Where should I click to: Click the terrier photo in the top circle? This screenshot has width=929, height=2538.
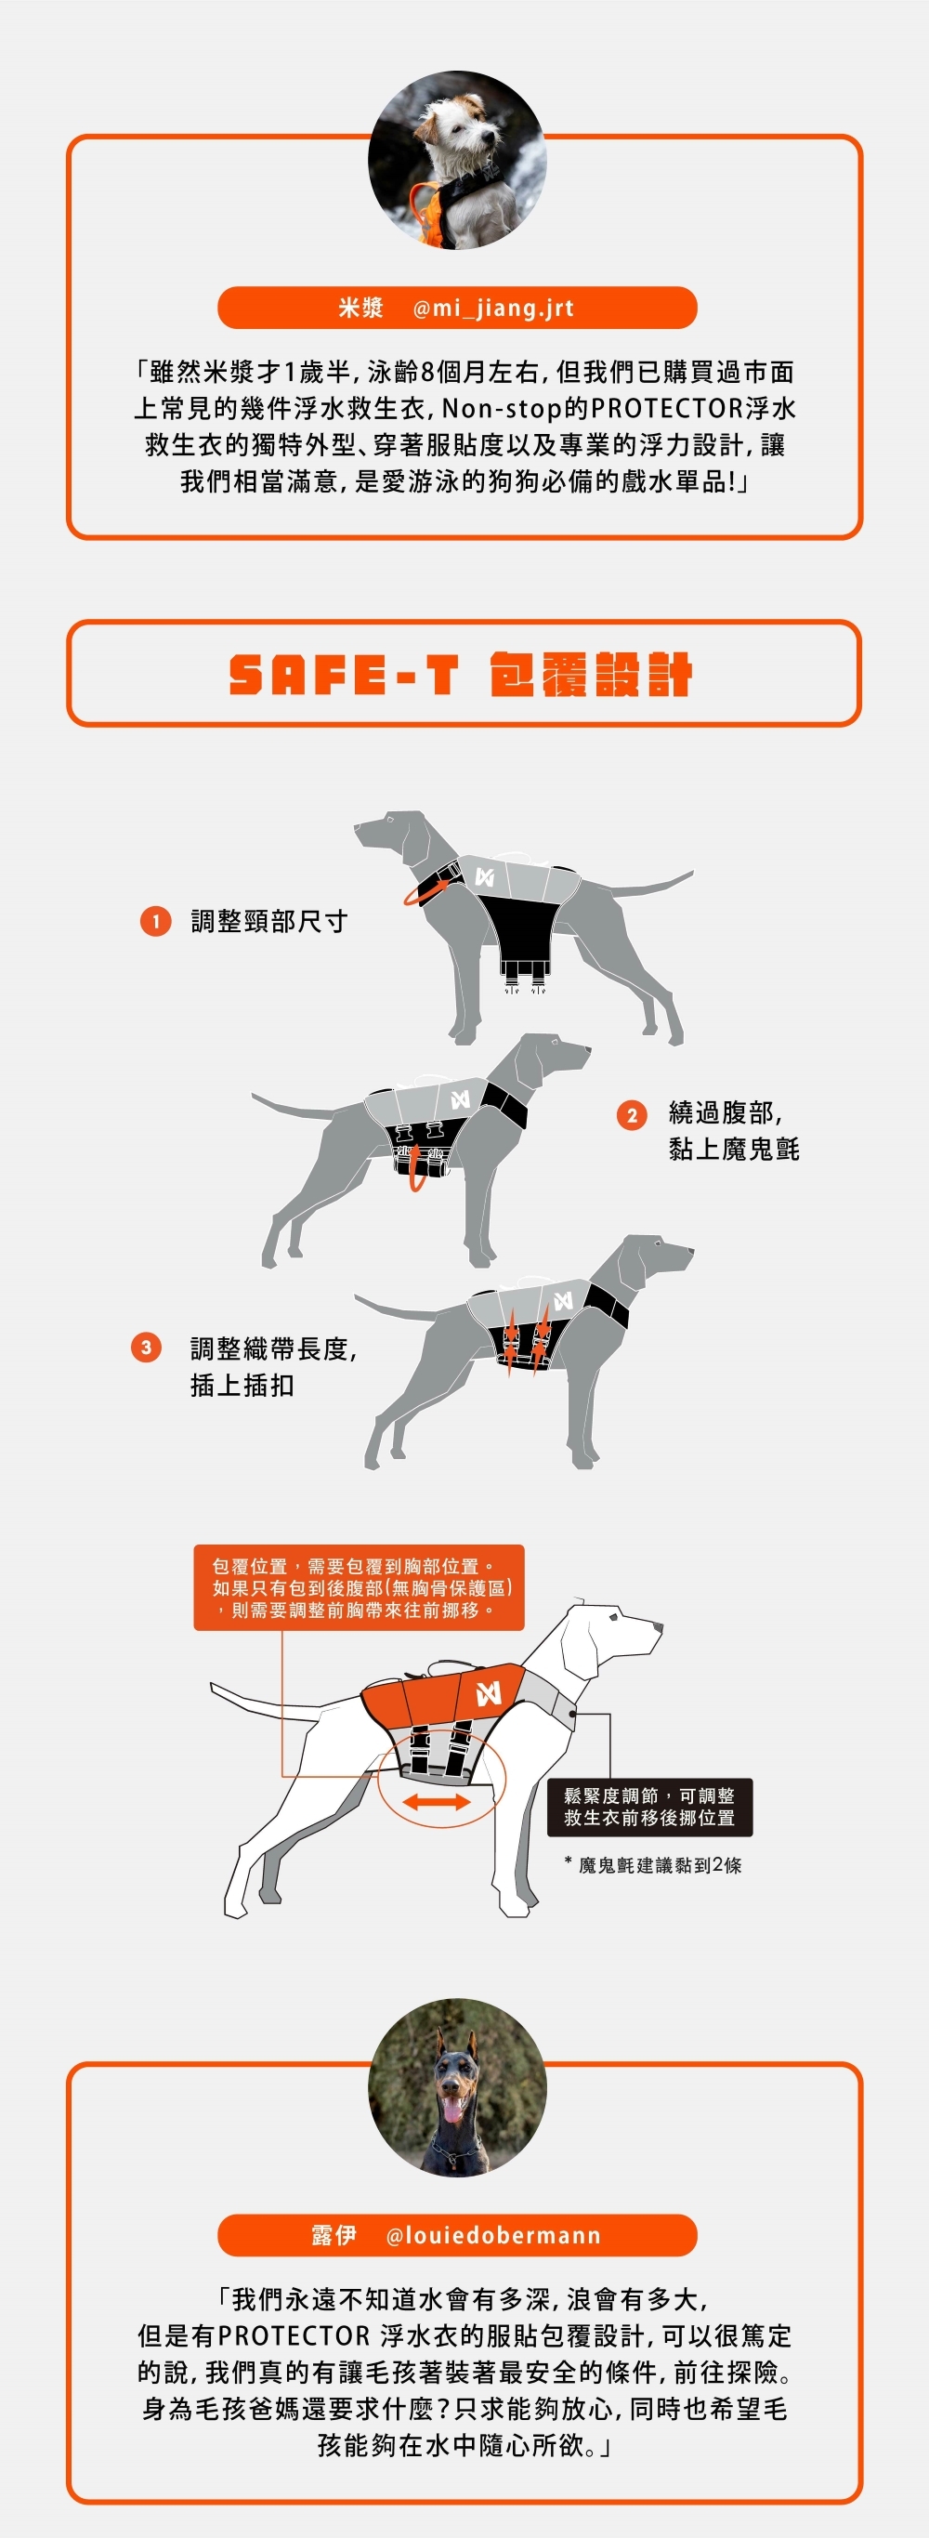457,160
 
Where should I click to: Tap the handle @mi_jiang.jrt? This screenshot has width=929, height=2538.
492,309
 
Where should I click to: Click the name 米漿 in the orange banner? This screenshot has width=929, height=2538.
360,309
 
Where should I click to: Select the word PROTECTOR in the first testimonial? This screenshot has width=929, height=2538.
667,408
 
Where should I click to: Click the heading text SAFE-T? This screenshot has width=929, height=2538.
344,675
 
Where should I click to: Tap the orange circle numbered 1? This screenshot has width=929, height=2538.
156,921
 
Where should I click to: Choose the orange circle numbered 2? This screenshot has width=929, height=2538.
632,1115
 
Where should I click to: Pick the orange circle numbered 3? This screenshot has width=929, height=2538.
146,1347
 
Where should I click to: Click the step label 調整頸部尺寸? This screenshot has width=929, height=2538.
269,921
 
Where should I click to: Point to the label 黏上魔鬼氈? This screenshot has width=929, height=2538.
734,1149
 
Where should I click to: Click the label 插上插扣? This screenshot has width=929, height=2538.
242,1386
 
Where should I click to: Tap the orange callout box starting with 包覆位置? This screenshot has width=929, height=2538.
359,1587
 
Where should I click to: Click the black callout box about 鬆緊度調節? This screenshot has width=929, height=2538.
649,1807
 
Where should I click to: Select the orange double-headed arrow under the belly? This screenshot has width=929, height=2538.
436,1801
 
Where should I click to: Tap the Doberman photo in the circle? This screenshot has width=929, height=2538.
457,2086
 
